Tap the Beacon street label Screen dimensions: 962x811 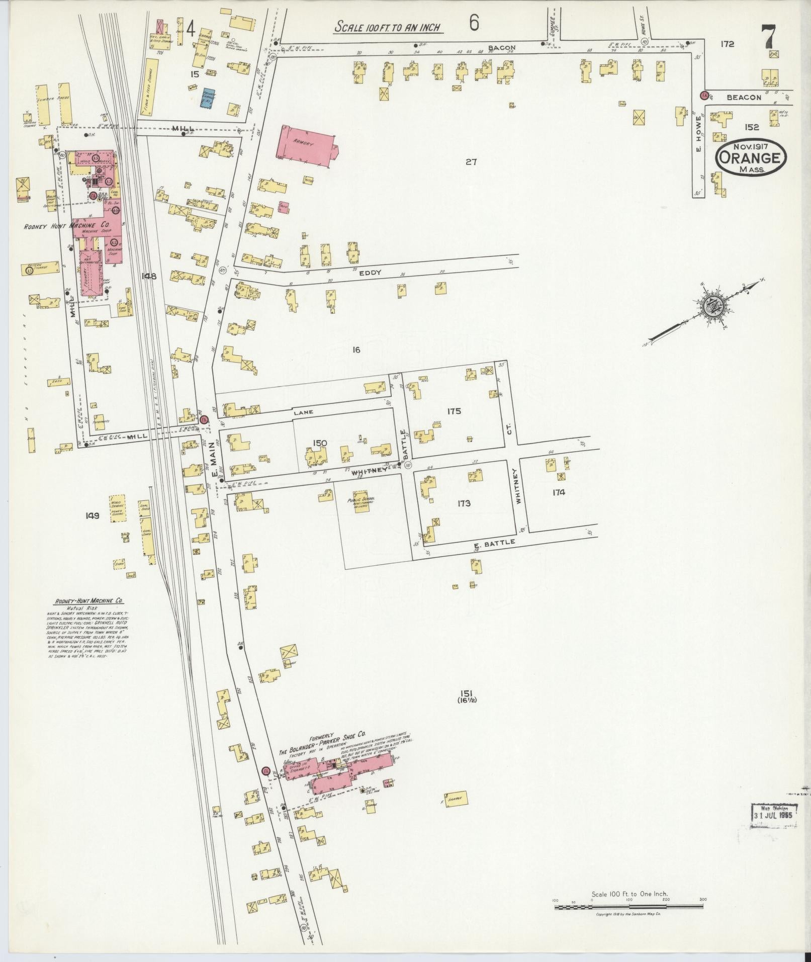pos(744,97)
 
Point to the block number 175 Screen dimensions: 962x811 pos(454,411)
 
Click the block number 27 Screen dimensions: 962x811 pos(471,162)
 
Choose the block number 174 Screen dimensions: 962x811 pos(559,492)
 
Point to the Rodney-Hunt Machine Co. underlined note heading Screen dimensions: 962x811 pos(87,601)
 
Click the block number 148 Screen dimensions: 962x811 pos(149,276)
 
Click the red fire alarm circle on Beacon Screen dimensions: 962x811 pos(704,95)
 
